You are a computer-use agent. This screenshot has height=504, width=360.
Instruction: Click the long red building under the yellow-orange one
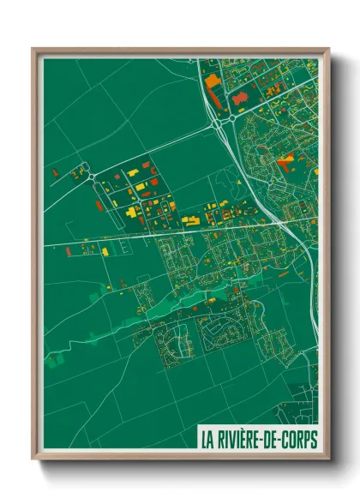(215, 100)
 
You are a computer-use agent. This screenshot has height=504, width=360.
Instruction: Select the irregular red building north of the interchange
(241, 101)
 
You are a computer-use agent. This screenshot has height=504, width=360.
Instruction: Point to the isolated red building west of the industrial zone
(57, 175)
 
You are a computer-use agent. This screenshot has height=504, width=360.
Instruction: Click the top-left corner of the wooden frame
(34, 50)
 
